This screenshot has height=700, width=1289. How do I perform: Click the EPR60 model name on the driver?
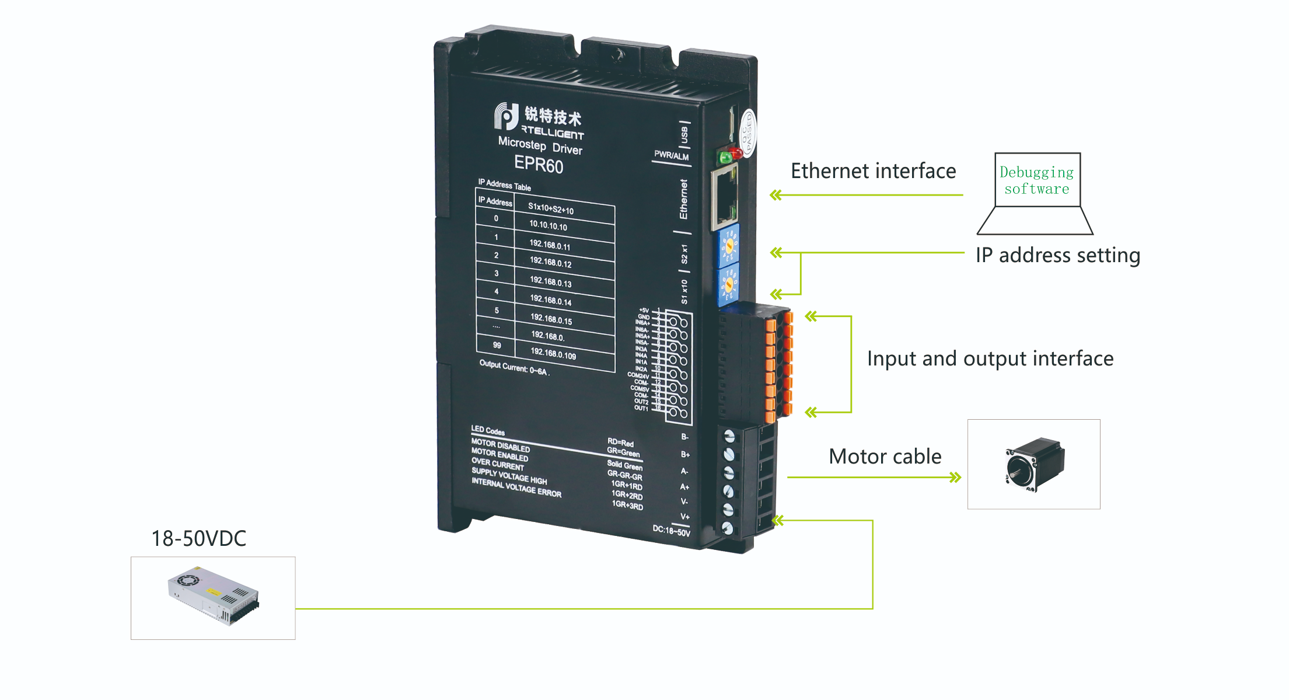coord(538,164)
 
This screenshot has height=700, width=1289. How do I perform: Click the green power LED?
coord(725,157)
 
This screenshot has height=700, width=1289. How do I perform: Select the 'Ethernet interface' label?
coord(873,171)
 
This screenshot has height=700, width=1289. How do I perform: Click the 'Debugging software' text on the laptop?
coord(1036,180)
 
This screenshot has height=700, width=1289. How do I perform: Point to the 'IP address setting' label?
coord(1057,255)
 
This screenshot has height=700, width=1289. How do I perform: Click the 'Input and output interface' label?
coord(990,358)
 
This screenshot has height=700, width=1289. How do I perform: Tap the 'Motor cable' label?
coord(885,457)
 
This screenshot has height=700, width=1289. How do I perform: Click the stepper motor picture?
coord(1033,464)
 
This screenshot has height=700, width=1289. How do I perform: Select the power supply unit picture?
coord(213,596)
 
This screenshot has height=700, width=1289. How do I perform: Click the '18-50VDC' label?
coord(198,538)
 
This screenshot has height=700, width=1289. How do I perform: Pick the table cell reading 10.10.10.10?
coord(548,225)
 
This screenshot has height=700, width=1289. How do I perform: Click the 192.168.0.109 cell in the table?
coord(553,354)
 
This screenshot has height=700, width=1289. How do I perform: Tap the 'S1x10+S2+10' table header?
coord(550,208)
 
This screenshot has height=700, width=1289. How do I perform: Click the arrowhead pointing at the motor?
coord(955,478)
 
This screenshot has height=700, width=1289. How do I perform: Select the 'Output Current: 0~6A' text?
coord(513,368)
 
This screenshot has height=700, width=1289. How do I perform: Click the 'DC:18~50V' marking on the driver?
coord(671,531)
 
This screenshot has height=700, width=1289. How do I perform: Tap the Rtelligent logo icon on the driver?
coord(506,116)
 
